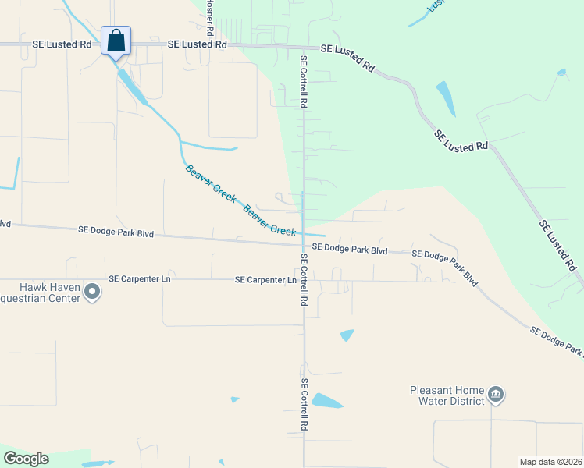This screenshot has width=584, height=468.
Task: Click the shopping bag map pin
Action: (116, 41)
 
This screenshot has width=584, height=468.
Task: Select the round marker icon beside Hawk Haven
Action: (93, 292)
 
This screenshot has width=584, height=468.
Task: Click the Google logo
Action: (26, 459)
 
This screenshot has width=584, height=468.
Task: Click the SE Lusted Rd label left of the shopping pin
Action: (62, 45)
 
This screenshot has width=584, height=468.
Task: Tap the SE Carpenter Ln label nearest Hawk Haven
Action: (140, 278)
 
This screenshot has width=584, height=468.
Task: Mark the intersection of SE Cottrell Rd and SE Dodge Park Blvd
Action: (304, 245)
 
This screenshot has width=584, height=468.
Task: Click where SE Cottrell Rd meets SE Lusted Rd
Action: (304, 47)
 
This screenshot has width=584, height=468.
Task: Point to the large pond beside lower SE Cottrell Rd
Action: (326, 402)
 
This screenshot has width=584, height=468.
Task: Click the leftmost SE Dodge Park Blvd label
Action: (116, 232)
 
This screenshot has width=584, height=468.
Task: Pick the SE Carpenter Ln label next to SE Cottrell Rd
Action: (265, 279)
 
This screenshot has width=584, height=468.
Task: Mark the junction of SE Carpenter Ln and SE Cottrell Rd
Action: (304, 280)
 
